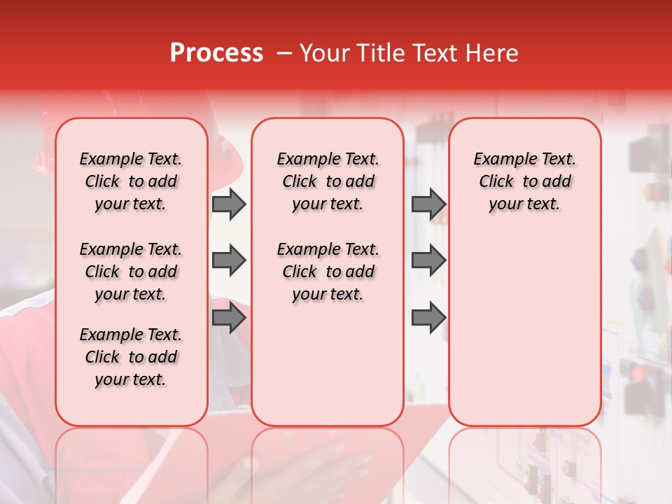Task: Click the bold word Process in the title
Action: click(x=216, y=53)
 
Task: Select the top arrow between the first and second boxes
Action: click(x=229, y=204)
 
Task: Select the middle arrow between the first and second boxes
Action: click(x=229, y=260)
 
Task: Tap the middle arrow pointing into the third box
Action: click(x=428, y=260)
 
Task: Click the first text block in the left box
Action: click(x=131, y=181)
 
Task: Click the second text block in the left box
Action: click(x=131, y=272)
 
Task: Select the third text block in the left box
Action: click(x=131, y=357)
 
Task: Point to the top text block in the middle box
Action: click(x=328, y=181)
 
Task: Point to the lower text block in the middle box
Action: click(x=328, y=272)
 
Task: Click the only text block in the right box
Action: click(x=524, y=181)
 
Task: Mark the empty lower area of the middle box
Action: click(x=328, y=364)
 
